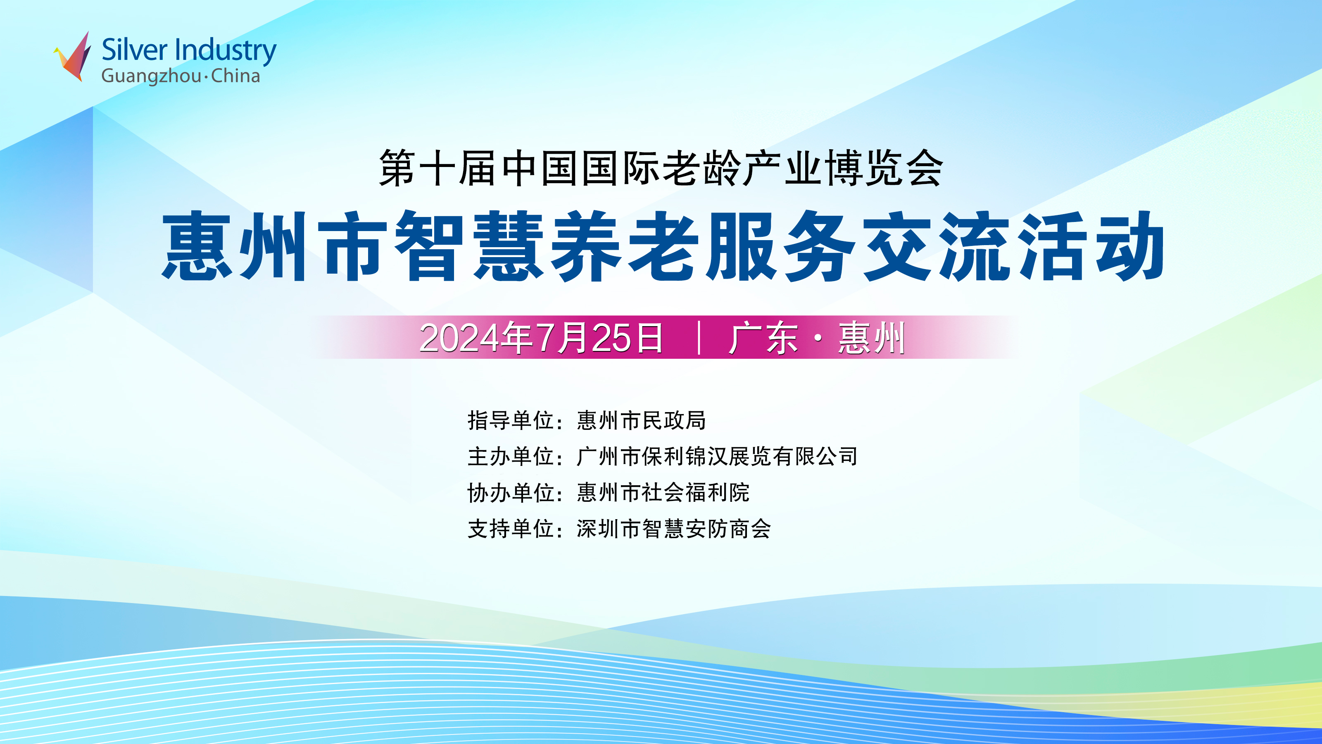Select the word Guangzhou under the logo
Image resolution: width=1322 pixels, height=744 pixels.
(x=151, y=76)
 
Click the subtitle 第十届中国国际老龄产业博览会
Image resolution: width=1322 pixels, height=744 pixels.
(x=661, y=168)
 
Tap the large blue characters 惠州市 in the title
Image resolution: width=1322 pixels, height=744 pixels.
(x=275, y=246)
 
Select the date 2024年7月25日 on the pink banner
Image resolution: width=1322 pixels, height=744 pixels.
(x=541, y=338)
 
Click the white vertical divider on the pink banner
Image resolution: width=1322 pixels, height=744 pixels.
(x=699, y=337)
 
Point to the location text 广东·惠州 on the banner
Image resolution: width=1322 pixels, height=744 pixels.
(x=816, y=338)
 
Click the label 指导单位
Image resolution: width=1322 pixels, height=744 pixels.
(x=511, y=420)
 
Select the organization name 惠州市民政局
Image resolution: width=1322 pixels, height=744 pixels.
(x=641, y=420)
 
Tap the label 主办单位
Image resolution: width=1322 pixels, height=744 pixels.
(x=511, y=456)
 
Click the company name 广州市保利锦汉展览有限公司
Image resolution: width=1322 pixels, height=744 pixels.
(x=717, y=456)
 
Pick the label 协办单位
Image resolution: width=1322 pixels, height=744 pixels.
(x=511, y=492)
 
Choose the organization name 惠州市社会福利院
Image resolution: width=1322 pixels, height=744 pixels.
(x=663, y=492)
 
